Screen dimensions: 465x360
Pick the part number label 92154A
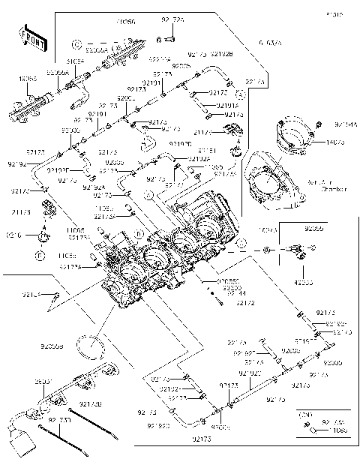pyautogui.click(x=346, y=123)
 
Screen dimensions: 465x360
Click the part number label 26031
pyautogui.click(x=44, y=382)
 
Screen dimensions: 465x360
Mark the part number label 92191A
pyautogui.click(x=227, y=106)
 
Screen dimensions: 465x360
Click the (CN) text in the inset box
pyautogui.click(x=304, y=414)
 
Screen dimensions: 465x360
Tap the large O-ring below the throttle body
pyautogui.click(x=93, y=346)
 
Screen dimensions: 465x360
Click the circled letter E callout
pyautogui.click(x=37, y=256)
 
